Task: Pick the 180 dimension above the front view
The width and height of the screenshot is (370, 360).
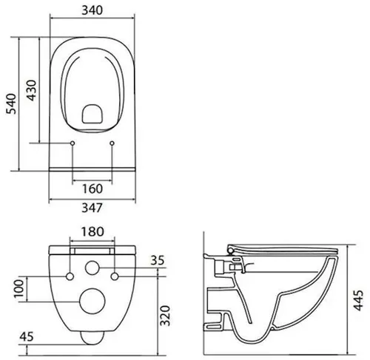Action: (x=92, y=232)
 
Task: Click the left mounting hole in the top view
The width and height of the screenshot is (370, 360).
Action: (x=73, y=142)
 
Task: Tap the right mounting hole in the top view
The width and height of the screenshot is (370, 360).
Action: (x=112, y=142)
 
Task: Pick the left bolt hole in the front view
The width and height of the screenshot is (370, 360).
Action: (x=70, y=276)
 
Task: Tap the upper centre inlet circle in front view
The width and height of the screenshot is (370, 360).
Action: (x=92, y=268)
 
